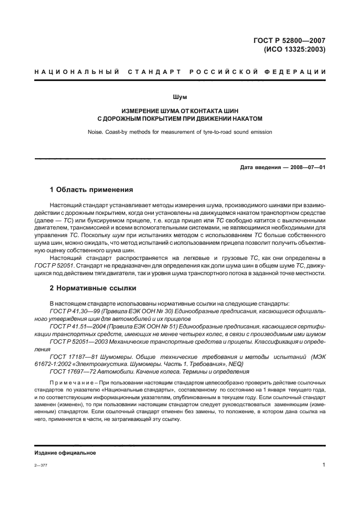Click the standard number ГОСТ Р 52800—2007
pos(290,40)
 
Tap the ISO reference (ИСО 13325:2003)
pos(295,49)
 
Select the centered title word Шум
pos(180,97)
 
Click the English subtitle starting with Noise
pos(179,131)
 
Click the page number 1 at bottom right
pos(324,465)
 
